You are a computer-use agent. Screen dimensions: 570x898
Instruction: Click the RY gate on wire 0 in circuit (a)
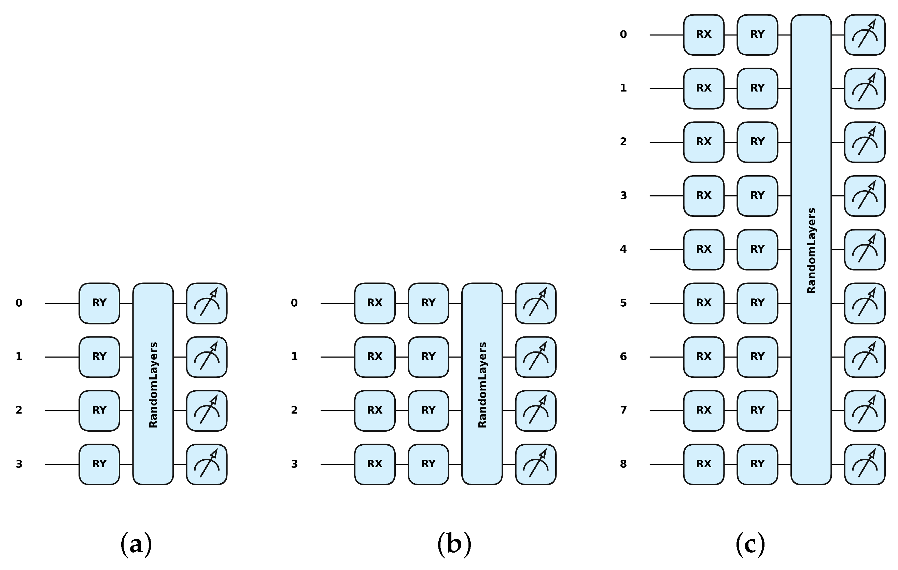99,303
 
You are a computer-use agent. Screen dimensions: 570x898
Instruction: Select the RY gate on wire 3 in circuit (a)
99,464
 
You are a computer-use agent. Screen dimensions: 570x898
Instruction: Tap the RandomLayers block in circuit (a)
153,384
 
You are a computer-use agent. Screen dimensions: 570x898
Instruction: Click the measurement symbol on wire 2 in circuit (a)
207,411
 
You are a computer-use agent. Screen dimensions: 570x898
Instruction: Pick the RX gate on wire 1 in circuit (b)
375,357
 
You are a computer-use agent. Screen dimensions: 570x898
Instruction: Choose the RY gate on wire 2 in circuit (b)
428,411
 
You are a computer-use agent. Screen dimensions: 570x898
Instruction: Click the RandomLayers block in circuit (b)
482,384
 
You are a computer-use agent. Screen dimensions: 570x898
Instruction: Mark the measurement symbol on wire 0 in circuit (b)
535,303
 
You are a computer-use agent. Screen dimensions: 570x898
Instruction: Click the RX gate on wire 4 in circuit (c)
703,249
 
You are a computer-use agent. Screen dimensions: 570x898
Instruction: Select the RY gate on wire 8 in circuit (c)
757,464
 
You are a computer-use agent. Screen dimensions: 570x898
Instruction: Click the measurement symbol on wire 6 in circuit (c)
865,357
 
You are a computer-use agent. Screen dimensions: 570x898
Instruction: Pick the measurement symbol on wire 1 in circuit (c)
865,88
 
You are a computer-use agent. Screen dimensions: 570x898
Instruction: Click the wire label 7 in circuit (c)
623,411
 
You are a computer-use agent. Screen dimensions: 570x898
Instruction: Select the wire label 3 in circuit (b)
294,464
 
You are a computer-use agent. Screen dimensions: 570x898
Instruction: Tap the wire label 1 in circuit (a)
19,357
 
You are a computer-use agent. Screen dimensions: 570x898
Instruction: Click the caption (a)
136,545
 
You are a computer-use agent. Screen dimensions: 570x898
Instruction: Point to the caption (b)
454,545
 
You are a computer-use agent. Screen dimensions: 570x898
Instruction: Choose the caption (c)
750,545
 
